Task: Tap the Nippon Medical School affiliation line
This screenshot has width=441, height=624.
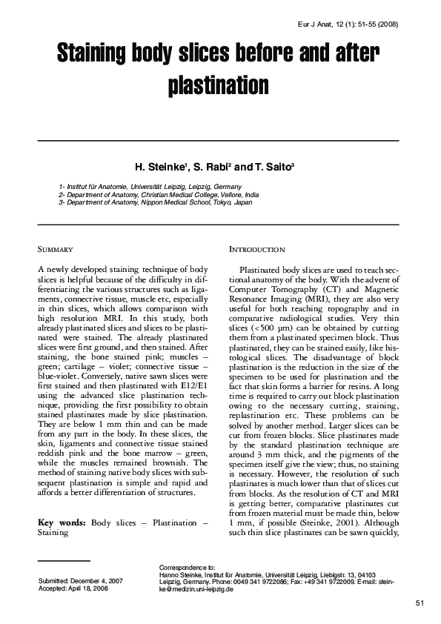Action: [x=156, y=202]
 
